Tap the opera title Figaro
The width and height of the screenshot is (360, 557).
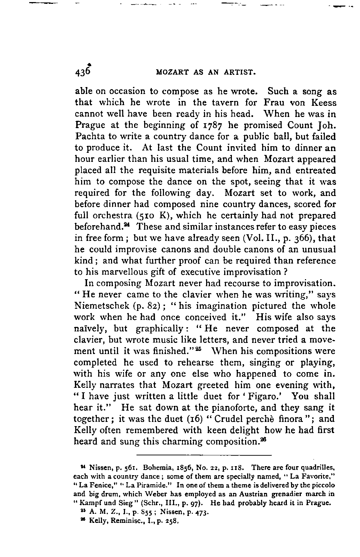pos(271,397)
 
